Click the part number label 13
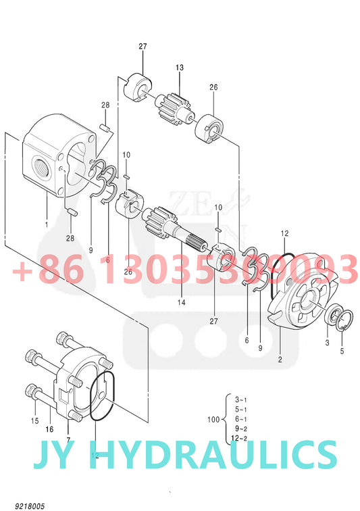click(180, 68)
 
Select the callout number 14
click(180, 302)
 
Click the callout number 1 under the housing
click(46, 224)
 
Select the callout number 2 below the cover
click(280, 360)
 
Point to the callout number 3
click(327, 344)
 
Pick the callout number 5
click(342, 351)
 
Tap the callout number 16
click(49, 429)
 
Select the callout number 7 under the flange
click(68, 431)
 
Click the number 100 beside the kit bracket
click(214, 420)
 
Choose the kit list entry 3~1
click(240, 399)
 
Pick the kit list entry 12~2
click(241, 439)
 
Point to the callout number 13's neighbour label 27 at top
click(143, 46)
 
